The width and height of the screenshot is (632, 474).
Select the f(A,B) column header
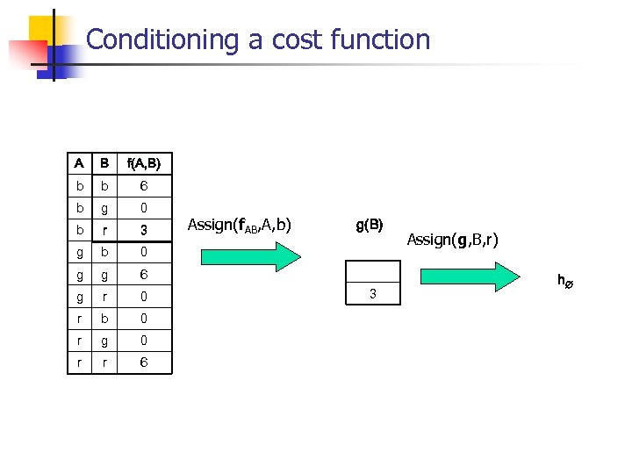click(x=144, y=163)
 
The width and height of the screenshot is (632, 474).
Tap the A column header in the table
click(x=79, y=163)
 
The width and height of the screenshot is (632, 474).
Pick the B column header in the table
click(x=104, y=163)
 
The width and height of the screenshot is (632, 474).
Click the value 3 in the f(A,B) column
click(x=144, y=231)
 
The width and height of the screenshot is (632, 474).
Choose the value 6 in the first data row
click(x=144, y=186)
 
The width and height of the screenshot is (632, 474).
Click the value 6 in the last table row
click(x=144, y=362)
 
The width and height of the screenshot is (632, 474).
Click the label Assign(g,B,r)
click(x=452, y=239)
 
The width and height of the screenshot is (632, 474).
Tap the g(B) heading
click(x=370, y=225)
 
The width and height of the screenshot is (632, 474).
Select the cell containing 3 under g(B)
click(x=372, y=293)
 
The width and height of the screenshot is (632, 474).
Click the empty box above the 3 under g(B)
click(x=372, y=271)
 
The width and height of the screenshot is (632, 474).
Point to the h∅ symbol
click(x=564, y=281)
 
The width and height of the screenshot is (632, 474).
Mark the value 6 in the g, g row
click(x=144, y=274)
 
